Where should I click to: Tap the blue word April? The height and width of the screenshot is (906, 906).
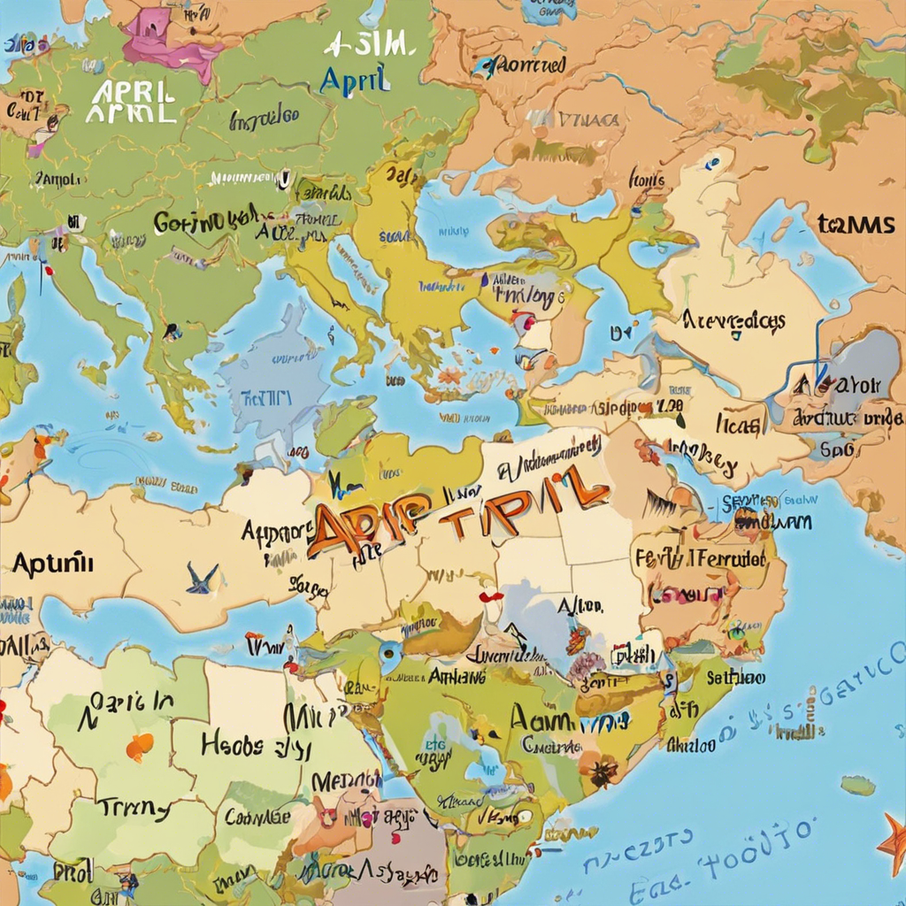pos(354,80)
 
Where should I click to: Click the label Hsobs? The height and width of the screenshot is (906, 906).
pos(232,745)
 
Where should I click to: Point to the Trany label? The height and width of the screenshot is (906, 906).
pos(133,807)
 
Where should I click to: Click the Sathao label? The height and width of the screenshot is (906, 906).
pos(736,678)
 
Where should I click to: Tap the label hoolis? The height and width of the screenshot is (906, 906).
pos(646,180)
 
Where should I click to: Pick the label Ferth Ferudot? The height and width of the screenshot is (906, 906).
pos(699,559)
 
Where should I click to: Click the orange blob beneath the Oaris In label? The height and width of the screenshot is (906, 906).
pos(139,748)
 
